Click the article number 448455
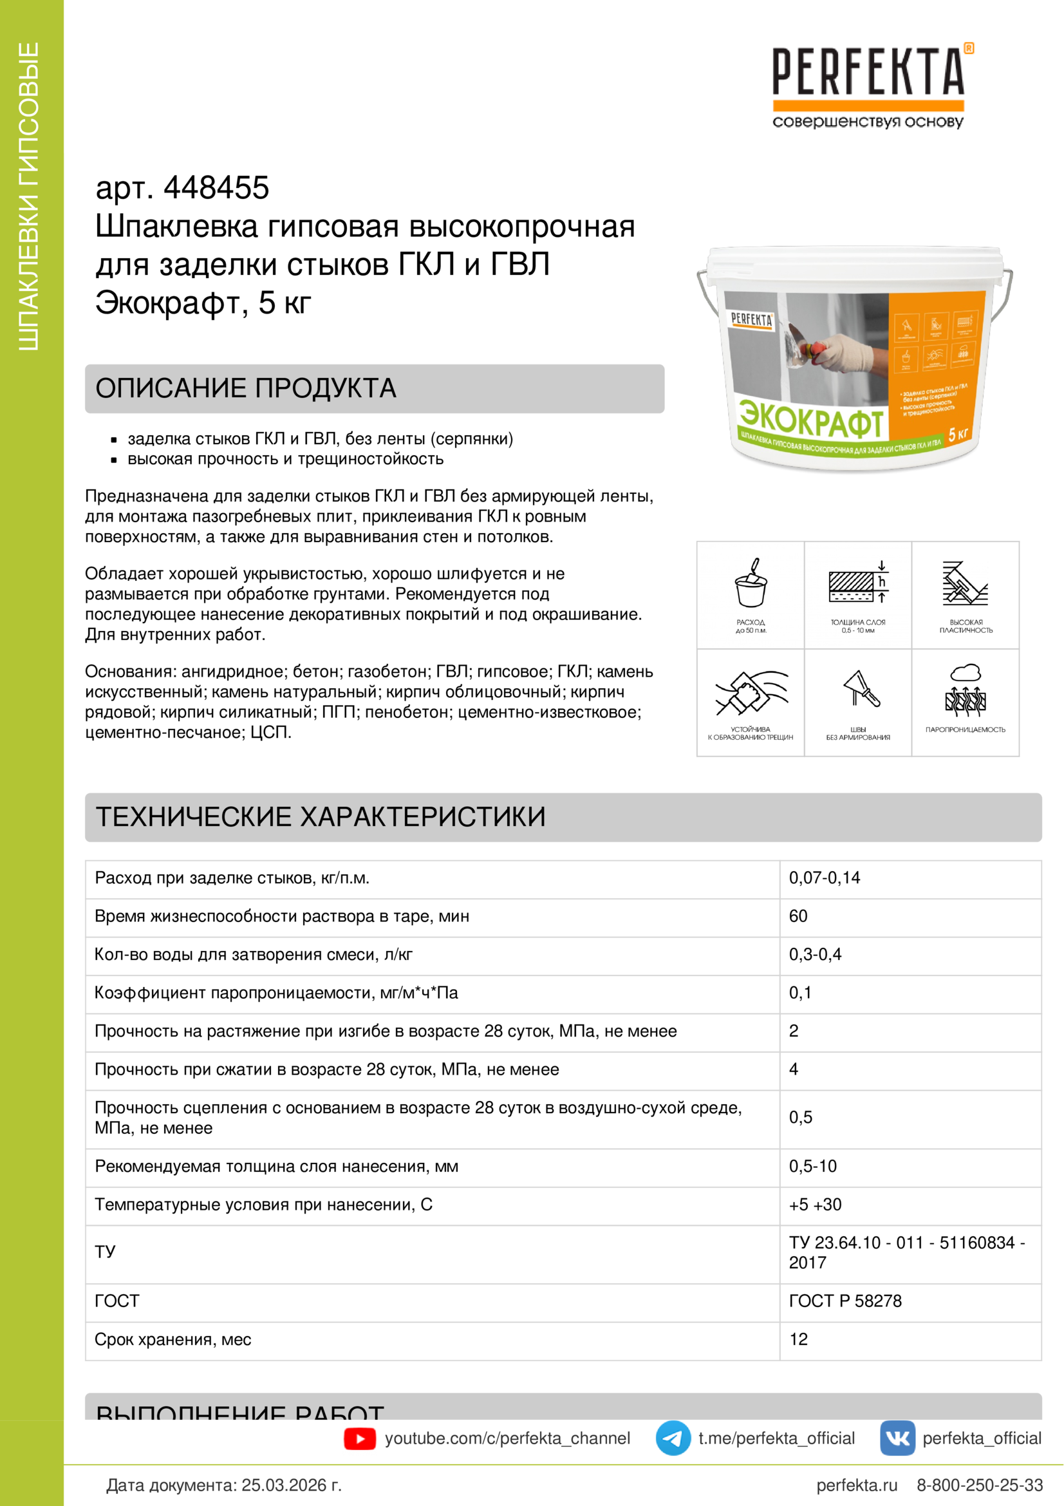tap(216, 187)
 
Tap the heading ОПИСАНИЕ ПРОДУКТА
tap(246, 388)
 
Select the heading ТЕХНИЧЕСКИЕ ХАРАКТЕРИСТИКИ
tap(321, 816)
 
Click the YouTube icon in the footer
tap(360, 1438)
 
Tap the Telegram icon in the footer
tap(673, 1438)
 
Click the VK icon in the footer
tap(897, 1438)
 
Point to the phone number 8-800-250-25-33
tap(980, 1485)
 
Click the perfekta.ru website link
tap(857, 1485)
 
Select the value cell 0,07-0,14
tap(824, 878)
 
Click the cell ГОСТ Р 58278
tap(845, 1301)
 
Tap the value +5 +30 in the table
tap(815, 1204)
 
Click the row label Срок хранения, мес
tap(173, 1339)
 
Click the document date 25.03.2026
tap(291, 1485)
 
